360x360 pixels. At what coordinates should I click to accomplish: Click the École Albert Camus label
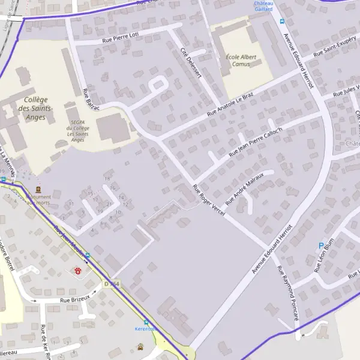click(241, 60)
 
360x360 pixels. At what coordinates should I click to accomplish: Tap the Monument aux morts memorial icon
click(39, 187)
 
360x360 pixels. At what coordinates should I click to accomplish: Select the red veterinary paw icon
click(78, 271)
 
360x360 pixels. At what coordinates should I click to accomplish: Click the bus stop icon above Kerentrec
click(146, 322)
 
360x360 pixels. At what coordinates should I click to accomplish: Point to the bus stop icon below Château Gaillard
click(281, 22)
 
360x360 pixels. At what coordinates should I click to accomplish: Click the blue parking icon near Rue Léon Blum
click(321, 245)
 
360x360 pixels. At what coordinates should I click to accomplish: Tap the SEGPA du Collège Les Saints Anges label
click(78, 128)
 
